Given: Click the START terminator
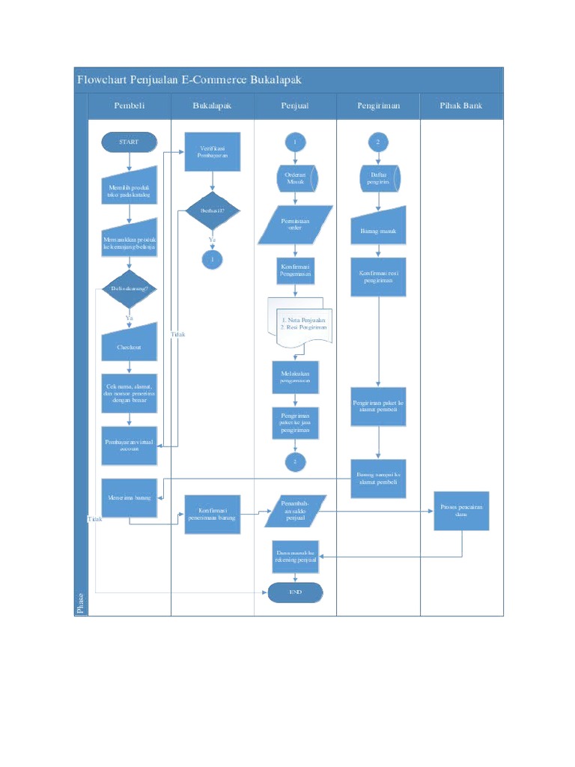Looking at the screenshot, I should pyautogui.click(x=130, y=142).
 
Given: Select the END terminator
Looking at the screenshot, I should pyautogui.click(x=295, y=592).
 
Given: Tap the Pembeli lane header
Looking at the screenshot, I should pyautogui.click(x=130, y=106).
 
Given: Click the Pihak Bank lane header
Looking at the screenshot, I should pyautogui.click(x=461, y=106).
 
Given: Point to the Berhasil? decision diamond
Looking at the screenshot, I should pyautogui.click(x=213, y=211).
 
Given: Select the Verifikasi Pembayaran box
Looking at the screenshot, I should pyautogui.click(x=213, y=152).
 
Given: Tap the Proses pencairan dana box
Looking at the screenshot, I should pyautogui.click(x=461, y=510).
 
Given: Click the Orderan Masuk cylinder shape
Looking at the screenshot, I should pyautogui.click(x=295, y=178).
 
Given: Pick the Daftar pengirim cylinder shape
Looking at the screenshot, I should pyautogui.click(x=379, y=178).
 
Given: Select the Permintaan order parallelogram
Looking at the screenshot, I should pyautogui.click(x=295, y=225).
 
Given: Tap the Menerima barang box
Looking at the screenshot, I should pyautogui.click(x=130, y=497).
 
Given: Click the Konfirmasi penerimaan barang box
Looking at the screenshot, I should pyautogui.click(x=213, y=514).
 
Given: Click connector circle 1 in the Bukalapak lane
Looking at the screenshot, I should pyautogui.click(x=213, y=259).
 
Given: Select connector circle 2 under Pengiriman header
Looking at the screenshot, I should pyautogui.click(x=379, y=142).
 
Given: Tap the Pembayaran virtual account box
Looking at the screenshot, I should pyautogui.click(x=130, y=446).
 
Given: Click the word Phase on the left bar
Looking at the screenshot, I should pyautogui.click(x=80, y=602).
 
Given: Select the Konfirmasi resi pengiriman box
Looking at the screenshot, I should pyautogui.click(x=379, y=277).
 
